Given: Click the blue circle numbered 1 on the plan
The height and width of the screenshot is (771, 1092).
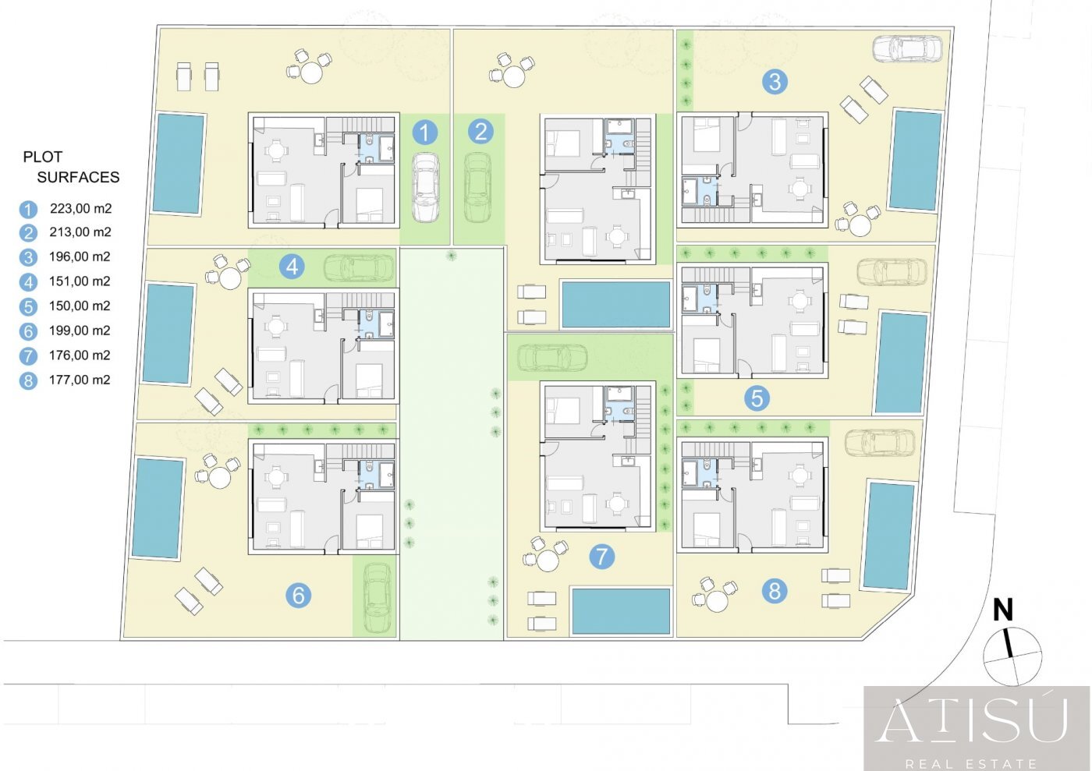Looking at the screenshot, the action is coord(424,133).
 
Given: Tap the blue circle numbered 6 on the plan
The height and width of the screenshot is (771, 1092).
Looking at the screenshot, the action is coord(298,595).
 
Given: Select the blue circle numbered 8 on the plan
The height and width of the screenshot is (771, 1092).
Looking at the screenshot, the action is coord(775,591).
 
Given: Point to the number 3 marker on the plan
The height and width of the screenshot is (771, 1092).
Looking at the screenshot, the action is coord(775,81).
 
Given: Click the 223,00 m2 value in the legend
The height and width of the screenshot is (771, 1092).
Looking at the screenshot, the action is coord(81,209).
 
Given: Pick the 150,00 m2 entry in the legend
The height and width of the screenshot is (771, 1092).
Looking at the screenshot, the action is coord(80,306).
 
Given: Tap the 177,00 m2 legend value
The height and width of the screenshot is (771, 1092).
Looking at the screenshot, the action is coord(80,380).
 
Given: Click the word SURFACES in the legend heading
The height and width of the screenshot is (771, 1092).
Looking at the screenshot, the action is coord(78,177).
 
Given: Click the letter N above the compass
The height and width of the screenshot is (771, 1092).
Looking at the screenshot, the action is coord(1003,610).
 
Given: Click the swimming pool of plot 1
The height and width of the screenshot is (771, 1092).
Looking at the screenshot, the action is coord(178,164).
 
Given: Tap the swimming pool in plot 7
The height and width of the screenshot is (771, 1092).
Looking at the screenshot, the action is coord(621,611).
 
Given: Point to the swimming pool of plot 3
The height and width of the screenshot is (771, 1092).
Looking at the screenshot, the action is coord(916,161).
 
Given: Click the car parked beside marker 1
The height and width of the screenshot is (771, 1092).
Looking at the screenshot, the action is coord(425,188).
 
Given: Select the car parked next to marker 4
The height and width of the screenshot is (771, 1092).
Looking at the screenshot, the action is coord(358,268).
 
